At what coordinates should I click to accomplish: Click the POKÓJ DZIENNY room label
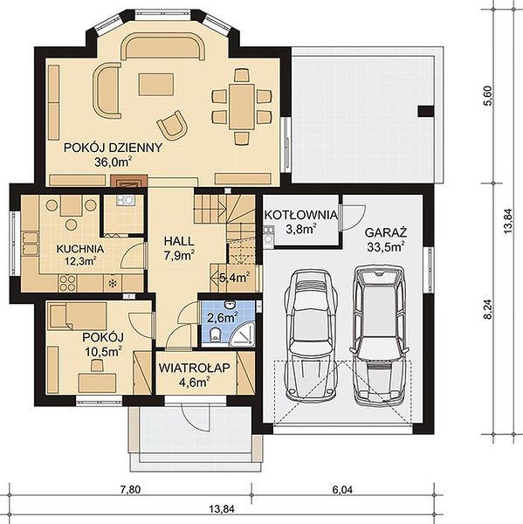tap(113, 148)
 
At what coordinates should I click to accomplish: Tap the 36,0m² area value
tap(114, 162)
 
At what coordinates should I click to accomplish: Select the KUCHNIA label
tap(80, 249)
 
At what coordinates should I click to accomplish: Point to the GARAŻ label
tap(386, 232)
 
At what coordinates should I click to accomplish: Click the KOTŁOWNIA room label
tap(300, 215)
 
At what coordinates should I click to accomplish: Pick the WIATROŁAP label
tap(195, 368)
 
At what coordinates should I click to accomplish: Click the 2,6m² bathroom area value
tap(223, 318)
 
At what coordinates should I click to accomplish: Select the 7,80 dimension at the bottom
tap(130, 490)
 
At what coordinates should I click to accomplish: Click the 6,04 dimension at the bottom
tap(342, 490)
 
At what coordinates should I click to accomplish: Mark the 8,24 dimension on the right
tap(488, 309)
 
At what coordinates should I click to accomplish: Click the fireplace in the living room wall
tap(129, 181)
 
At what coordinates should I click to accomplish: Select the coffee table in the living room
tap(156, 85)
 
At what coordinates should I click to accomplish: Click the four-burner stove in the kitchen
tap(67, 283)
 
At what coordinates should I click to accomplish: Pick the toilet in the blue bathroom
tap(216, 334)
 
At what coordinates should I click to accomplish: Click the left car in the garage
tap(310, 336)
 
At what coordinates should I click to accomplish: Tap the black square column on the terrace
tap(426, 111)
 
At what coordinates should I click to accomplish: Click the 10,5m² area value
tap(103, 352)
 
